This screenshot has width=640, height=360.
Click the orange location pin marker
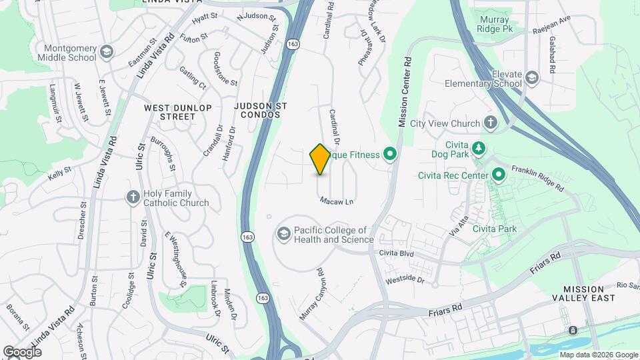point(320,159)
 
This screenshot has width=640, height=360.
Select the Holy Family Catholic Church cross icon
point(133,197)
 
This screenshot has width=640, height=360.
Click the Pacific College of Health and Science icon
point(284,235)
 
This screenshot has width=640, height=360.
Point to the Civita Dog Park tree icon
point(478,147)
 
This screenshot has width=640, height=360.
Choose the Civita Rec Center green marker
point(498,176)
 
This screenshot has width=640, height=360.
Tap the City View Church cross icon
point(491,123)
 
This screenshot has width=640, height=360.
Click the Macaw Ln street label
point(336,201)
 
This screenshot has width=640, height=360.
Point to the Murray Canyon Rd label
point(311,294)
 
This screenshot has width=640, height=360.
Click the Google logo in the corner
point(23,351)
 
